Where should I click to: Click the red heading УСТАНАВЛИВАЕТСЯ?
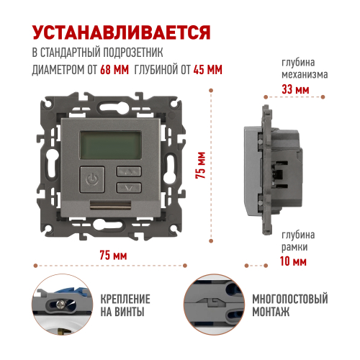(122, 32)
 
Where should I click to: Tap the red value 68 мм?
(114, 70)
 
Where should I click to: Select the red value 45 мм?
(208, 70)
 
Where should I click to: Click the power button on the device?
(92, 179)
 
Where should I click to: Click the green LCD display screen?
(111, 145)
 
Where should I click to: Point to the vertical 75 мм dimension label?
(201, 165)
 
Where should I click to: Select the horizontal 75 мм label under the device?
(113, 255)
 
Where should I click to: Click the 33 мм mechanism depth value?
(295, 90)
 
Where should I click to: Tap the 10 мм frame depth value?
(293, 261)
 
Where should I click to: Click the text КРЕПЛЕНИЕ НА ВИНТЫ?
(125, 305)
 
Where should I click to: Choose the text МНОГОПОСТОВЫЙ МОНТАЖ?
(290, 305)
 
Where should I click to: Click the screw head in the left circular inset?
(60, 305)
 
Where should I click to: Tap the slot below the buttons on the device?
(111, 205)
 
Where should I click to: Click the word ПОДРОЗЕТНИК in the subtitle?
(132, 53)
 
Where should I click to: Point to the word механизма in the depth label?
(305, 75)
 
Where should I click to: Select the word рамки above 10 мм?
(294, 247)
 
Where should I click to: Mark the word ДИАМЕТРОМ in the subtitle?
(58, 70)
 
